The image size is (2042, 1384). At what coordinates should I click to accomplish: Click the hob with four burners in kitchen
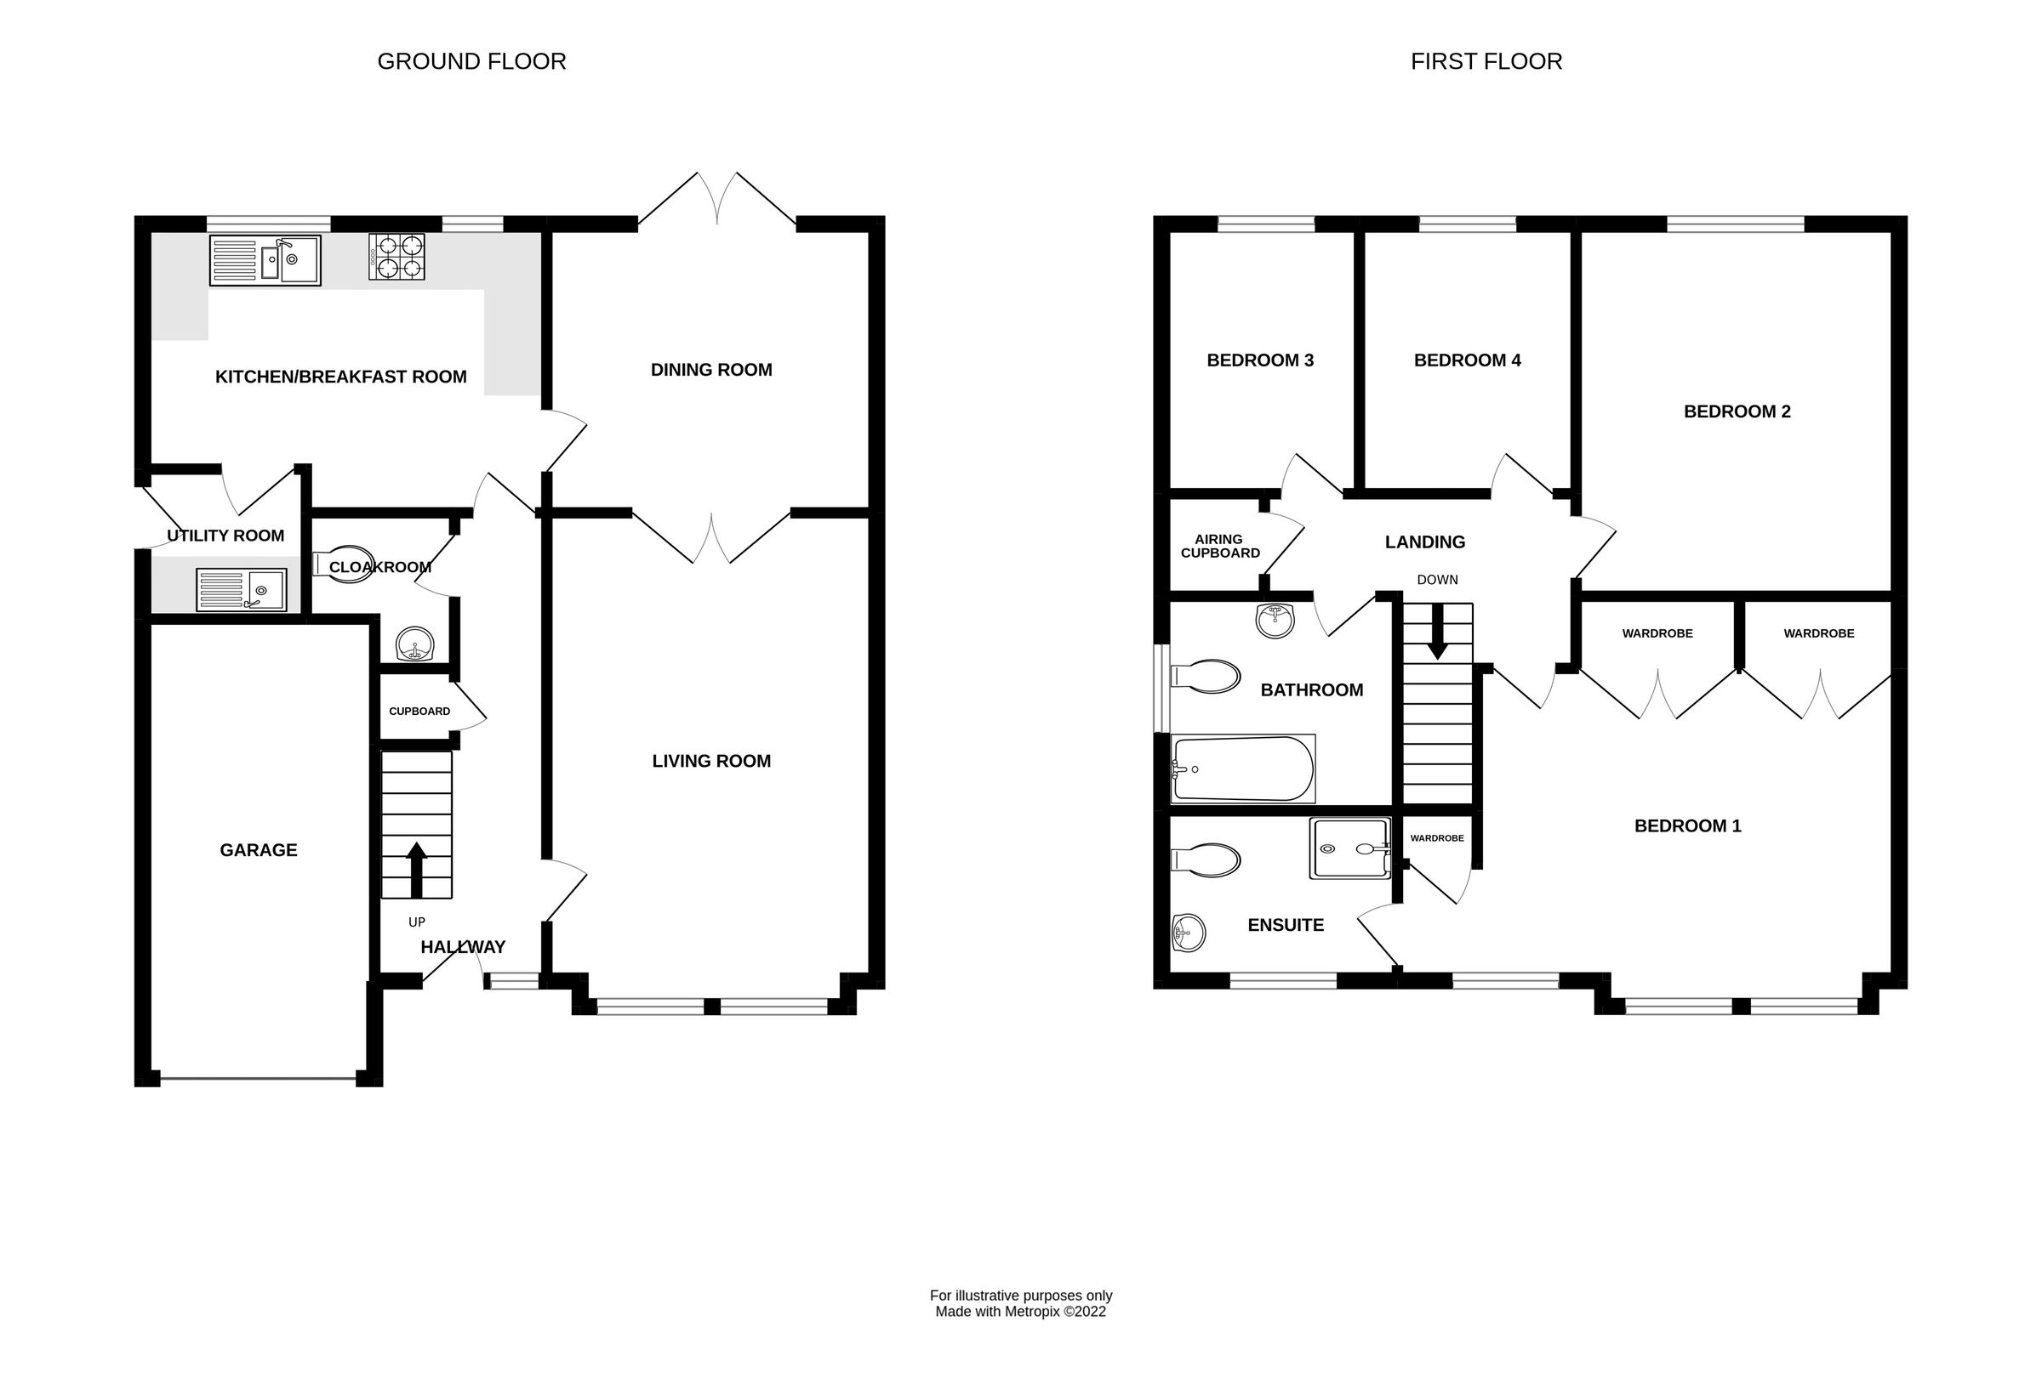coord(396,257)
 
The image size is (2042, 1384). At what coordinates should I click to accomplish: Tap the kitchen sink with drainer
coord(265,260)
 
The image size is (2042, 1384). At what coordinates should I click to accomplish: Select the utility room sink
coord(242,590)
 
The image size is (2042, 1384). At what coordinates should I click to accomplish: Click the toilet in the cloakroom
coord(343,562)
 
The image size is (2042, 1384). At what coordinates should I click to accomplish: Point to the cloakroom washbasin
coord(414,644)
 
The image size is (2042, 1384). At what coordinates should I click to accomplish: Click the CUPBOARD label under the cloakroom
coord(419,712)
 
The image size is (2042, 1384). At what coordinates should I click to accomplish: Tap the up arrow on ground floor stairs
coord(417,869)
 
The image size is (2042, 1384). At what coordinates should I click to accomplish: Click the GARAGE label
coord(259,850)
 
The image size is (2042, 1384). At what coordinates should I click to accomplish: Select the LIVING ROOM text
coord(710,762)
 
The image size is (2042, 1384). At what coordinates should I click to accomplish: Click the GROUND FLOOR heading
coord(471,61)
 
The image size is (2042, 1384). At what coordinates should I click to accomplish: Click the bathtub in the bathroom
coord(1242,769)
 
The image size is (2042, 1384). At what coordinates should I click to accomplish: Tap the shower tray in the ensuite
coord(1349,848)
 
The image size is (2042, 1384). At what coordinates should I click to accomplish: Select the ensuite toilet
coord(1206,859)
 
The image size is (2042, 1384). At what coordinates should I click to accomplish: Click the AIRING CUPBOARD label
coord(1219,547)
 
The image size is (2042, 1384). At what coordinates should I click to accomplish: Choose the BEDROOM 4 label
coord(1467,360)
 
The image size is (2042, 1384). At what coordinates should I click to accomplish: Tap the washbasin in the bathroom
coord(1275,621)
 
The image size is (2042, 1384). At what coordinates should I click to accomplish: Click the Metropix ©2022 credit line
coord(1020,1312)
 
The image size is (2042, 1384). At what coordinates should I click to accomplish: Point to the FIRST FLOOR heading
coord(1486,61)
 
